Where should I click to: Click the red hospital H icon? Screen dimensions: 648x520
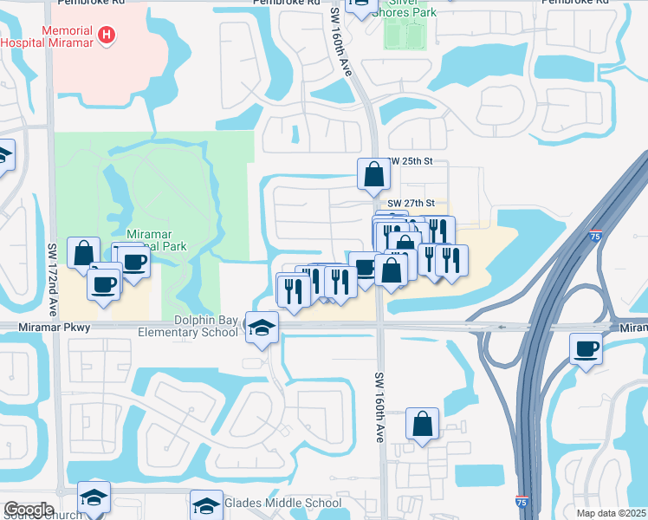tap(107, 35)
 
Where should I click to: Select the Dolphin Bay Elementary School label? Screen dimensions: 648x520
tap(188, 326)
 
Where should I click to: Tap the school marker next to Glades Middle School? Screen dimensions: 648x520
tap(206, 504)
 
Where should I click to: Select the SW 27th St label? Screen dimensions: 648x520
tap(408, 203)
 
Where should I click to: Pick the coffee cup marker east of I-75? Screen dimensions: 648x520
tap(586, 349)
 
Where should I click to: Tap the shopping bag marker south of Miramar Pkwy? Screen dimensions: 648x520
tap(422, 425)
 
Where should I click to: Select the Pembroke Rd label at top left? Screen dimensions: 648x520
tap(91, 3)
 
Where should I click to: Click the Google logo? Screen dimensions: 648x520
tap(29, 510)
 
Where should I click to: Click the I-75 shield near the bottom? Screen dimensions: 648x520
tap(521, 502)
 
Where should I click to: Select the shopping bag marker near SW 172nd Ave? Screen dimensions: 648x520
tap(83, 254)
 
